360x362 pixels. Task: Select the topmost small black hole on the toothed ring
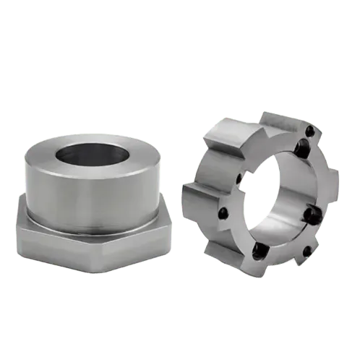click(310, 131)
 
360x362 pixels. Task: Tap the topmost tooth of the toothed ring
click(278, 119)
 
